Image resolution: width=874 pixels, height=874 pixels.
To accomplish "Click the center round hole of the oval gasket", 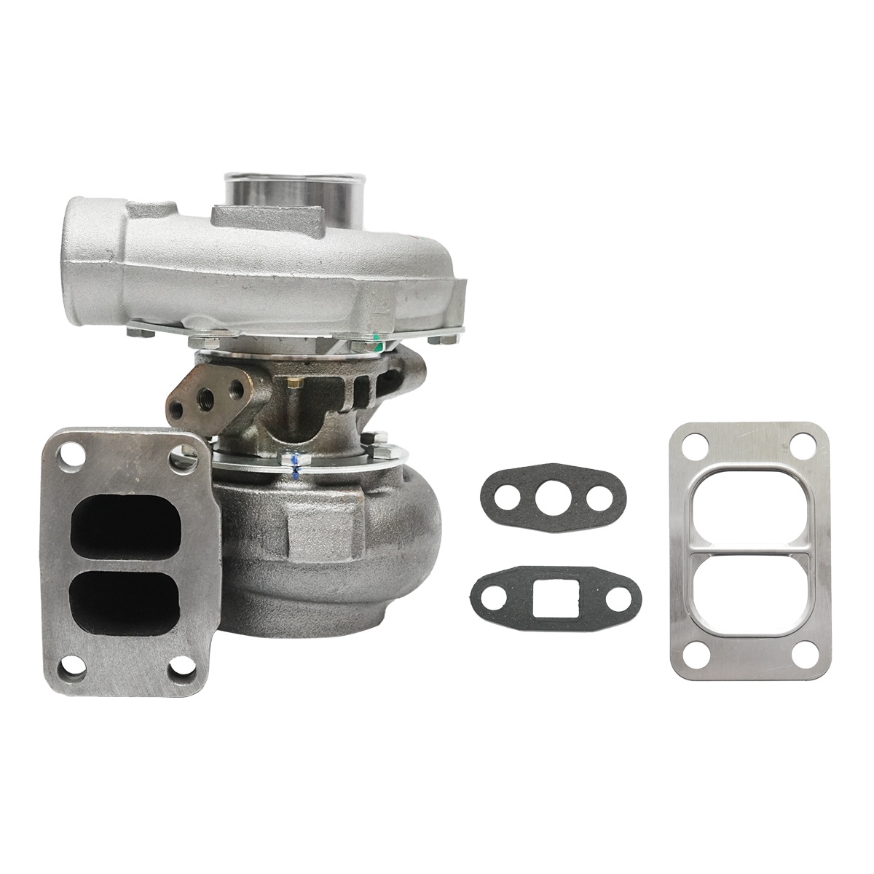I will pyautogui.click(x=545, y=497).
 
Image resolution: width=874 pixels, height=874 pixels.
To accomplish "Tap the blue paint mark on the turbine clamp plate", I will pyautogui.click(x=294, y=465).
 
